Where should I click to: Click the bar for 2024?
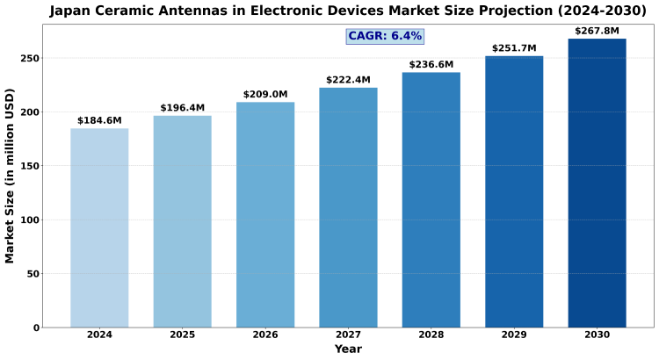point(99,228)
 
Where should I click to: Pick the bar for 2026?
point(265,215)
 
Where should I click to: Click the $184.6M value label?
point(99,120)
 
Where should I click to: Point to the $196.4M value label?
point(183,108)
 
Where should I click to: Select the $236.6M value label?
point(431,65)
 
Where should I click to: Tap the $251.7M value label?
point(514,48)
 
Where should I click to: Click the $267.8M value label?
point(597,32)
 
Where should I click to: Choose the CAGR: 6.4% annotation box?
point(385,36)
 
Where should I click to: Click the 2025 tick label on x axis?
point(183,335)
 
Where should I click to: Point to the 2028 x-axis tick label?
point(431,335)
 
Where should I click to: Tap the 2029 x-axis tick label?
point(514,335)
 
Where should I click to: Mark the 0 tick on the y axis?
point(36,328)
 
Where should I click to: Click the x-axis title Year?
point(348,349)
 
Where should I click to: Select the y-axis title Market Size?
point(11,176)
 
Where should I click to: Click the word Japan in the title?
point(72,11)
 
